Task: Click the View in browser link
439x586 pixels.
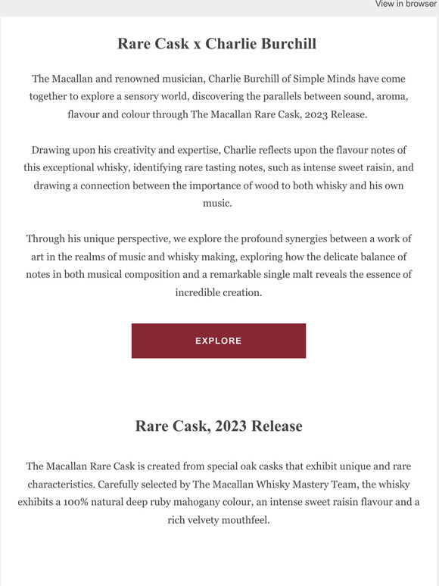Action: click(x=406, y=5)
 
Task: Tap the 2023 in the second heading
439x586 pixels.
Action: click(x=233, y=426)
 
